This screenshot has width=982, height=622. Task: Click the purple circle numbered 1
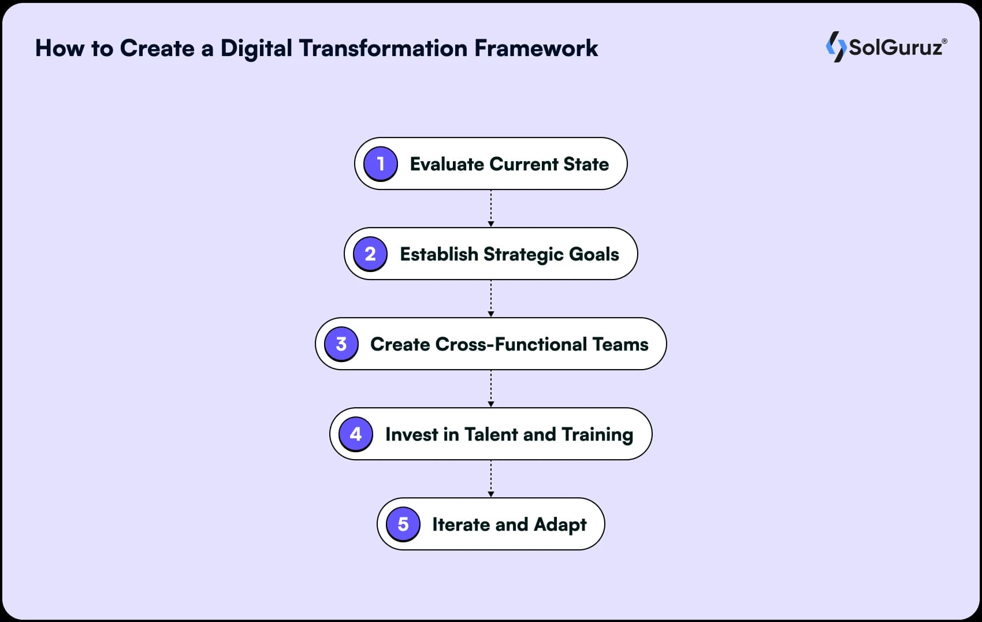[380, 163]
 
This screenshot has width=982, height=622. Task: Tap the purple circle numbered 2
[370, 254]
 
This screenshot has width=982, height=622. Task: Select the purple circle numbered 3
[341, 344]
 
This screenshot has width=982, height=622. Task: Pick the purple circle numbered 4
[356, 434]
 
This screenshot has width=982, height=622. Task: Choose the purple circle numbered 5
[403, 524]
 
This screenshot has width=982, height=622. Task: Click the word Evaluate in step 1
[447, 164]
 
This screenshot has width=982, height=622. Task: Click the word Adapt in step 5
[560, 524]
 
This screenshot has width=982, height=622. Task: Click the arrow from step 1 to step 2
[491, 208]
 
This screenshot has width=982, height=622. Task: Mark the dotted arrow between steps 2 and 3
[491, 298]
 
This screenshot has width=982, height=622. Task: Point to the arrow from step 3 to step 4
[491, 388]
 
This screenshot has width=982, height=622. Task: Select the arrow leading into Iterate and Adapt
[491, 478]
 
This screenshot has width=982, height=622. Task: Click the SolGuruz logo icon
[836, 47]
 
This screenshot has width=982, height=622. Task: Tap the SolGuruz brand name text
[895, 47]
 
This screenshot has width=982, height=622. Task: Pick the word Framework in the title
[535, 49]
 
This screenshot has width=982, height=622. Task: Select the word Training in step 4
[597, 434]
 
